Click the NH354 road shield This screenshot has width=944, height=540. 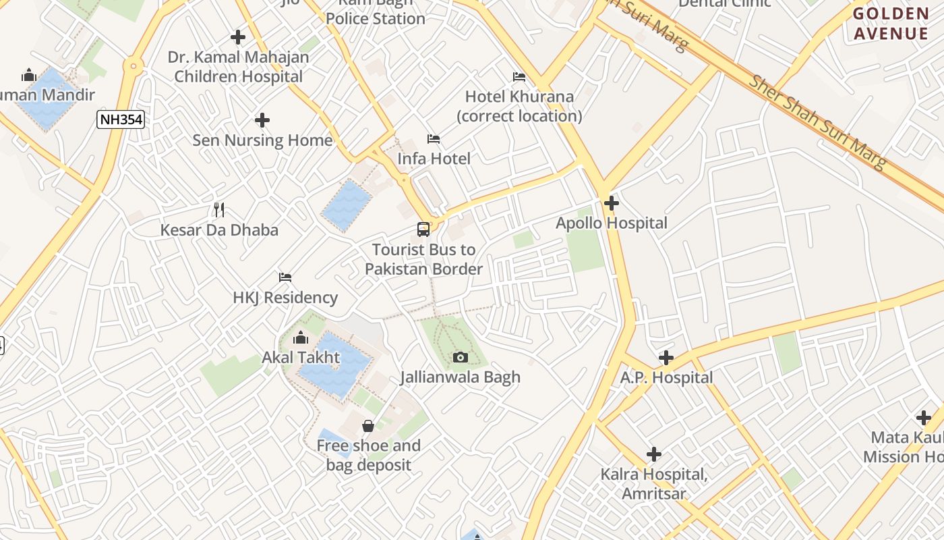tap(121, 120)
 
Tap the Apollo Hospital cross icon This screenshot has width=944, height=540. tap(612, 202)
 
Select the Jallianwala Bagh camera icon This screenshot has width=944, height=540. tap(461, 357)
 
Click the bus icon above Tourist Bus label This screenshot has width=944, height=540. tap(423, 230)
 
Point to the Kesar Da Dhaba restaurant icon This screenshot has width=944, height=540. tap(218, 210)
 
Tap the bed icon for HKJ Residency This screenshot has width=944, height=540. tap(285, 277)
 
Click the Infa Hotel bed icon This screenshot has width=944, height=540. tap(434, 139)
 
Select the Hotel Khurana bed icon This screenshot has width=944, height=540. tap(519, 77)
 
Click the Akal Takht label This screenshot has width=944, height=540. tap(301, 357)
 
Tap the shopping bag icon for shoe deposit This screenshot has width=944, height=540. tap(368, 426)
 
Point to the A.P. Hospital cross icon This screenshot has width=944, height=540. tap(666, 357)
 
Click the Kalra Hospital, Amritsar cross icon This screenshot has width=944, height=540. tap(653, 454)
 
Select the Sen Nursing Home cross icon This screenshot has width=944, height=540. tap(262, 120)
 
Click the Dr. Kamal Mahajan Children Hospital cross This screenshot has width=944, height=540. tap(238, 37)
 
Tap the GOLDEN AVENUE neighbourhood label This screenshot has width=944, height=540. tap(890, 24)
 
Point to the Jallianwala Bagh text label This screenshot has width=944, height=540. tap(461, 377)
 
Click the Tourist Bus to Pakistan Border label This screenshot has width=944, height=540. tap(423, 259)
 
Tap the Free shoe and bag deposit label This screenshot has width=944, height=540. tap(368, 455)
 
